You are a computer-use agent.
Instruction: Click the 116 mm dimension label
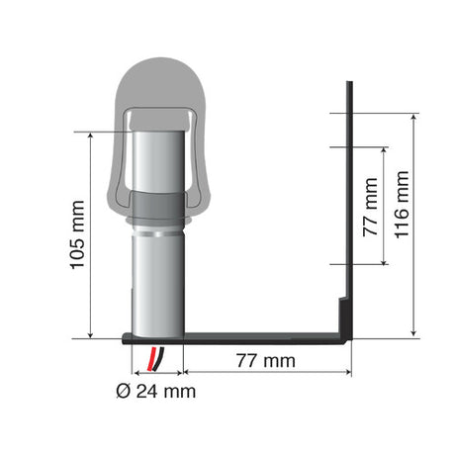click(x=401, y=212)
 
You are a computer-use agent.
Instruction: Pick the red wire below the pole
click(x=150, y=356)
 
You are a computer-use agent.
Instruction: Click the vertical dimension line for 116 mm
click(x=414, y=226)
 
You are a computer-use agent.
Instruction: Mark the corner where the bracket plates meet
click(x=346, y=334)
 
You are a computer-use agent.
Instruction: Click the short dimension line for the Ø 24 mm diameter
click(x=155, y=373)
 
